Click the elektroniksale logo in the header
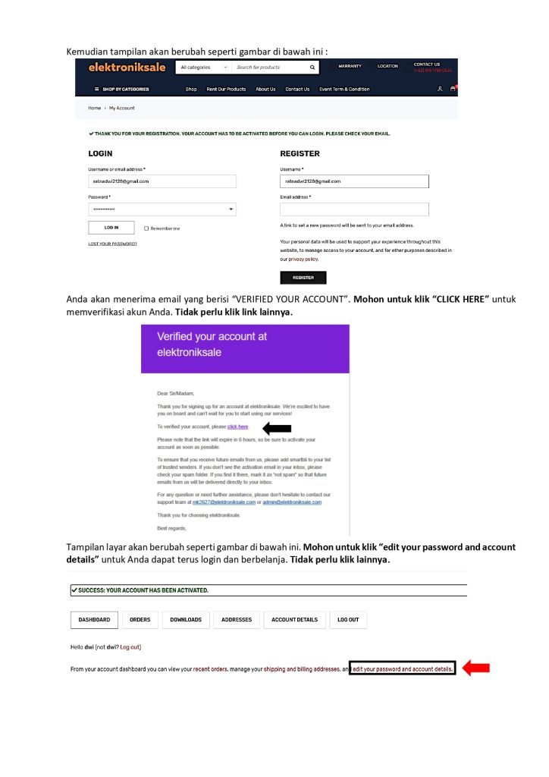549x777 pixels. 127,68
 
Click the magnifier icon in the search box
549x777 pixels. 312,68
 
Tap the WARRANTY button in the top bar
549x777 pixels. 350,66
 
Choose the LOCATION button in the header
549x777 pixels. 387,66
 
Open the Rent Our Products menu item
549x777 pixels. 226,89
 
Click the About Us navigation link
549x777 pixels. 265,89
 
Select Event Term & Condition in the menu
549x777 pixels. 344,89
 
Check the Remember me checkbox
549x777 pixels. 146,228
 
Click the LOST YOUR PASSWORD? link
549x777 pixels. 112,244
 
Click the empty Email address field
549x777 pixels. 354,209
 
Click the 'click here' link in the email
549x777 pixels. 237,427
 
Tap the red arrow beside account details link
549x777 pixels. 476,668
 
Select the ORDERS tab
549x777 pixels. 140,620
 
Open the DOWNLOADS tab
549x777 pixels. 186,620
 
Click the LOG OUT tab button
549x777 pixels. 348,620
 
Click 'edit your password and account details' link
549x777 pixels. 402,669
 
